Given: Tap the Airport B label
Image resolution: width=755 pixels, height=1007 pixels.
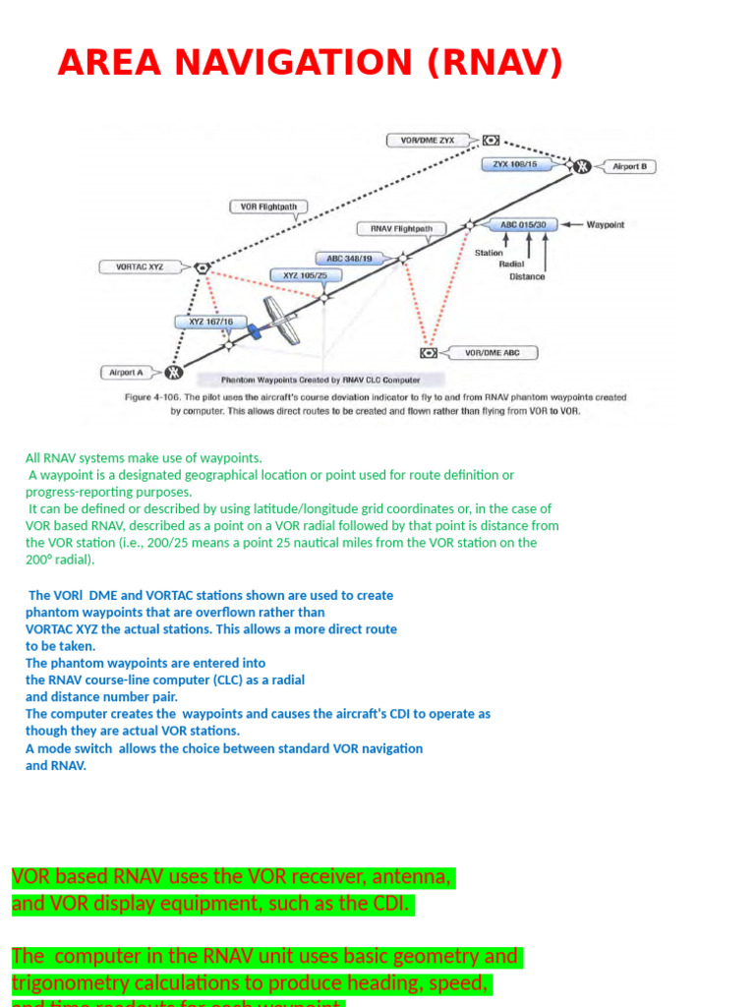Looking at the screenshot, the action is pos(629,166).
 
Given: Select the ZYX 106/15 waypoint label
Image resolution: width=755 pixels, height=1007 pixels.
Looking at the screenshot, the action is pos(515,164).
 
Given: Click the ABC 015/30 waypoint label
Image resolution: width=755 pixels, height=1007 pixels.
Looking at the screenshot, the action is pos(523,224).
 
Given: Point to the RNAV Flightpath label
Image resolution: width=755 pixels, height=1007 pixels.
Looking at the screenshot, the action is pos(401,228).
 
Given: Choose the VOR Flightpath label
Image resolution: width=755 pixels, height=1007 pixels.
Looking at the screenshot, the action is pos(268,207).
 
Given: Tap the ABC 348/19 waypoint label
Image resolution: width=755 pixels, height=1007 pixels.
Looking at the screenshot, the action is pos(350,258).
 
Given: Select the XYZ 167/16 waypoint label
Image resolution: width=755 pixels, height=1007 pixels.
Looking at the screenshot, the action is pos(204,322).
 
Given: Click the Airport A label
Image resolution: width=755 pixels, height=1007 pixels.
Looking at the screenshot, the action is pos(126,372).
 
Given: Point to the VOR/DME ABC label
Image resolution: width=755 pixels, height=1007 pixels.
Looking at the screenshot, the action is pos(493,352).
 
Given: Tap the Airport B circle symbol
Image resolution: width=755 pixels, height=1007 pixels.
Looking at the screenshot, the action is pos(582,166).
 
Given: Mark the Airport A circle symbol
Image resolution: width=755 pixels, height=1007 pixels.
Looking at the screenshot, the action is pos(174,372).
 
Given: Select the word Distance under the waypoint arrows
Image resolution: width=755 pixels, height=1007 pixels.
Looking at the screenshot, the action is pos(527,276).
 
